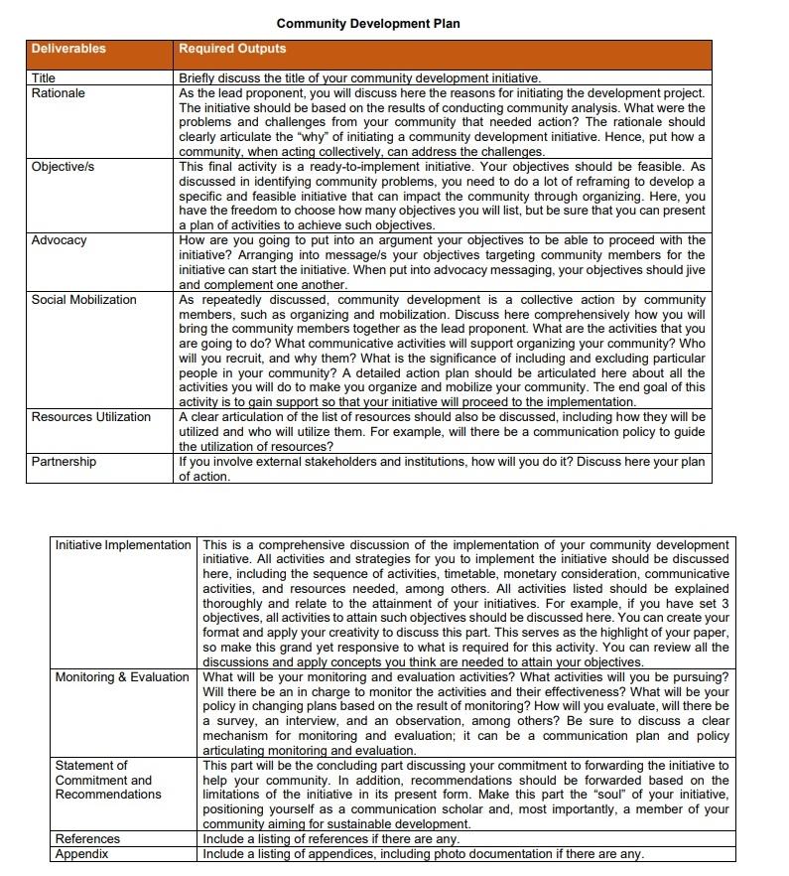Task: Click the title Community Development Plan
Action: click(367, 23)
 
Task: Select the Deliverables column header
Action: click(68, 49)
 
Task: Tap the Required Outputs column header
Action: click(232, 49)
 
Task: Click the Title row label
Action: click(44, 77)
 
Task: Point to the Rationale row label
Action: click(59, 93)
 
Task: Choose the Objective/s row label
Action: click(63, 167)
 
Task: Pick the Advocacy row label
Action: click(59, 240)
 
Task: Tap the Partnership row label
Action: click(64, 462)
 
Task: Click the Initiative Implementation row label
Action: click(123, 545)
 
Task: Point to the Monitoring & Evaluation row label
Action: click(122, 677)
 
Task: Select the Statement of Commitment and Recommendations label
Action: click(108, 780)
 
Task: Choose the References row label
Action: click(87, 839)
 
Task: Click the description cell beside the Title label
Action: click(359, 77)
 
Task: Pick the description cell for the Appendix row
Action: click(423, 854)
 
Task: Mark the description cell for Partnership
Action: click(442, 469)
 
